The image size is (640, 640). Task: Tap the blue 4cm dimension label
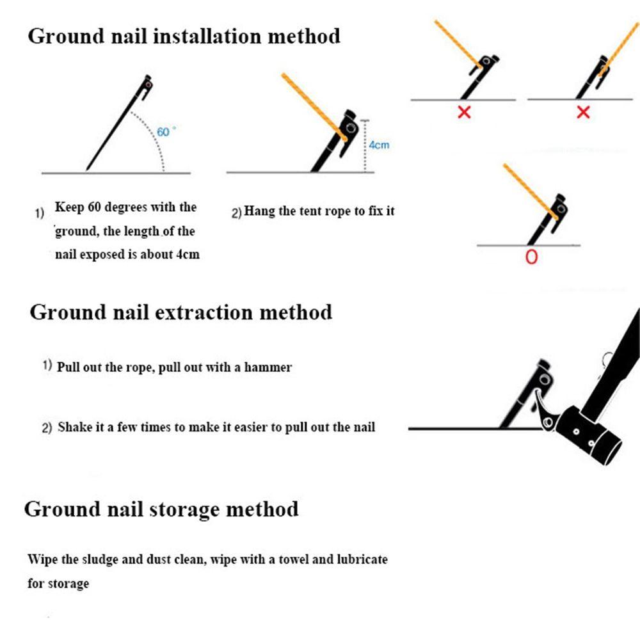[379, 145]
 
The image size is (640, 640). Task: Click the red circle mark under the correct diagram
[531, 257]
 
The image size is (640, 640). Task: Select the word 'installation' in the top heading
[207, 36]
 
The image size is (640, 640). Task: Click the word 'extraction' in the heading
[204, 312]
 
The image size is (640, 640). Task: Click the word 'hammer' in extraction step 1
[268, 367]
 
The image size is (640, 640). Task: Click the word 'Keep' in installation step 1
[69, 207]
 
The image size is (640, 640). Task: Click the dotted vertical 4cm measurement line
[365, 146]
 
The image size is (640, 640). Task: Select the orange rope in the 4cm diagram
[314, 108]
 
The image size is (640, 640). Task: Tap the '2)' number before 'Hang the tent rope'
[237, 213]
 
